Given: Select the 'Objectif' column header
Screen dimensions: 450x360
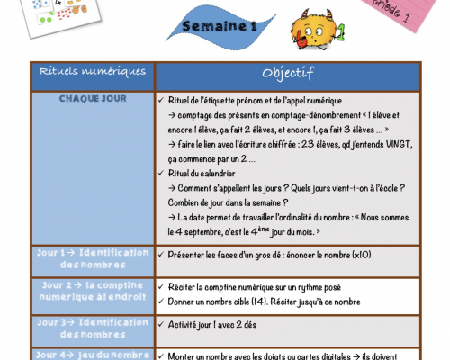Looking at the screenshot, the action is tap(287, 72).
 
